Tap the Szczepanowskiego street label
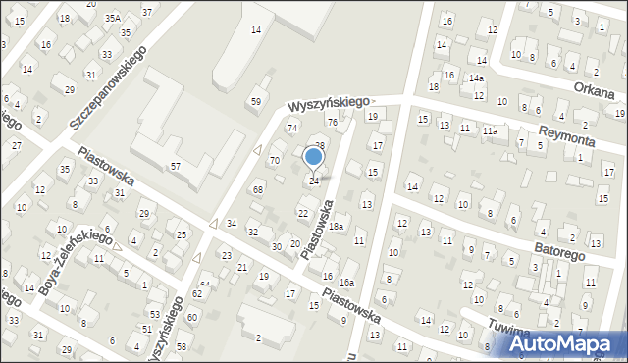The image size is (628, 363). pos(108,87)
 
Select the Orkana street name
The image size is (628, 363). pos(596,93)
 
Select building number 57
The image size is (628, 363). pos(175,167)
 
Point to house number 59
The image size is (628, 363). pos(256,101)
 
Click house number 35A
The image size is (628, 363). pos(113,18)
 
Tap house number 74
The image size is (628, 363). pos(291,129)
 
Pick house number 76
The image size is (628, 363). pos(332,122)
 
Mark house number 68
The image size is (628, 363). pos(258,188)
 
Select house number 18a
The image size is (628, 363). pos(336,227)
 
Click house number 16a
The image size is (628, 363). pos(346,283)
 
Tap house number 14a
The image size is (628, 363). pos(476,78)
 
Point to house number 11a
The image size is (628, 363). pos(489,130)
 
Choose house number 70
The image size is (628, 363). pos(275,159)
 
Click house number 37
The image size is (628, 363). pos(147,12)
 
